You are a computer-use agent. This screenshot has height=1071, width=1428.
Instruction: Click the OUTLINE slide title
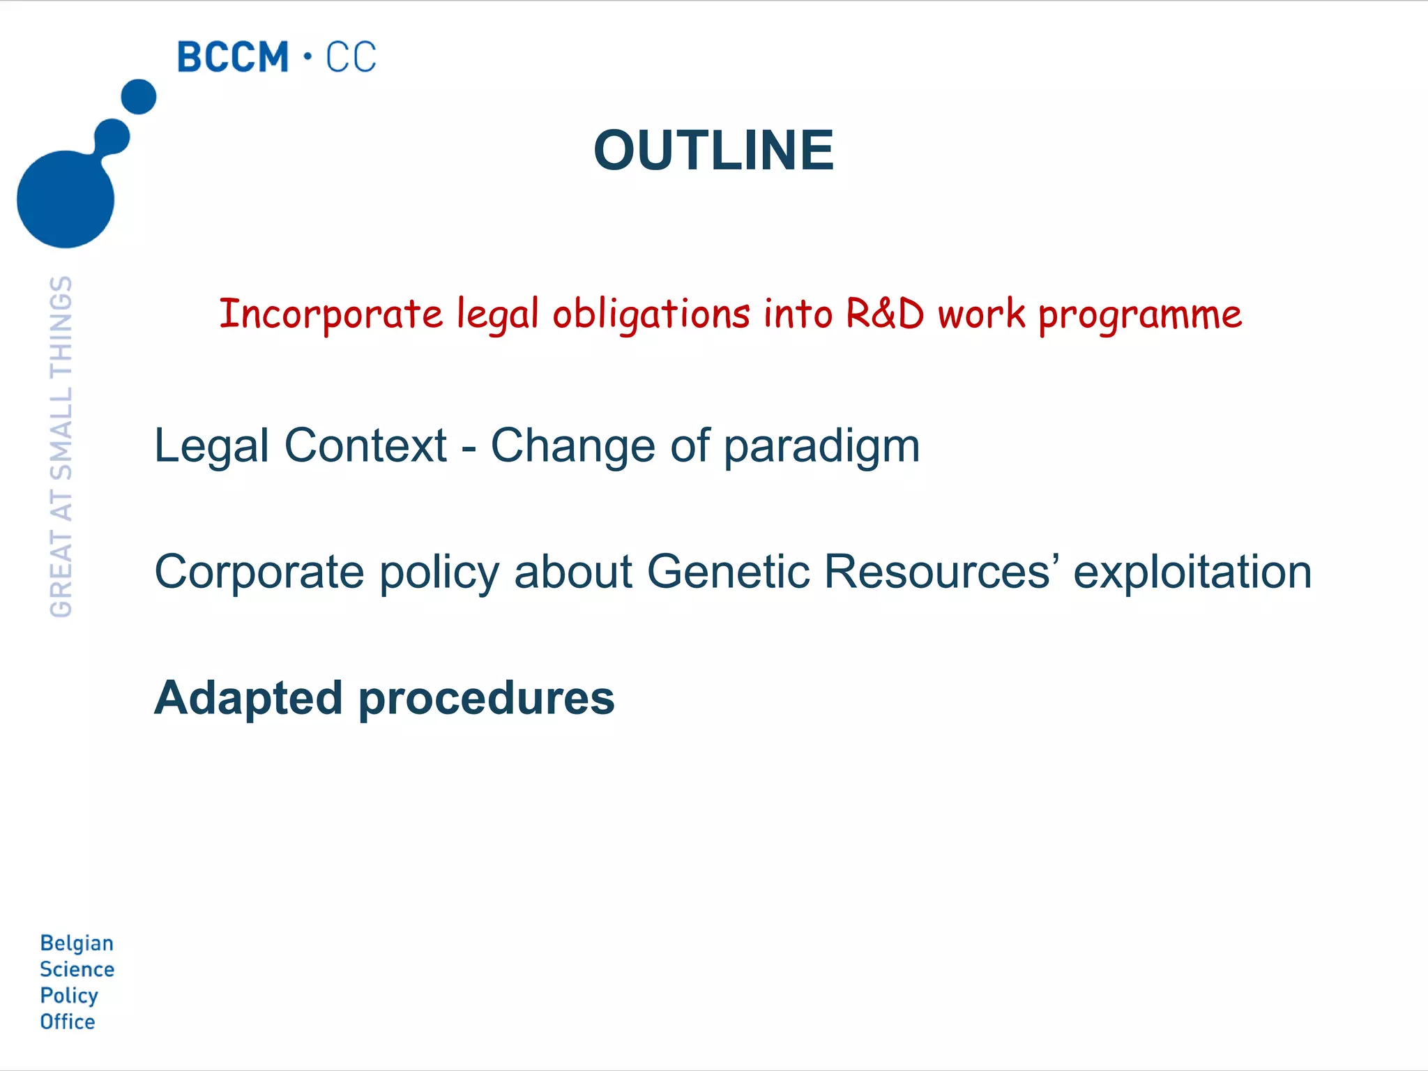713,150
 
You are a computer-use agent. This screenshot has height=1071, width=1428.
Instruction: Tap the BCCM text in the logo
233,57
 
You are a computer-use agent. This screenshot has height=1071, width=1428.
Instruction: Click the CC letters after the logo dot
351,57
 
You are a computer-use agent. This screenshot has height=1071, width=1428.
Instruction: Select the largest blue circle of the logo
65,199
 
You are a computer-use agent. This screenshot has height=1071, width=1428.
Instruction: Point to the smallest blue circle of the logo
139,97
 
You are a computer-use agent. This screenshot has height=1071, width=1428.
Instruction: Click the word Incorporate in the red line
331,314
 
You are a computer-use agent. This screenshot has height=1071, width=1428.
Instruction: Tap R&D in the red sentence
884,314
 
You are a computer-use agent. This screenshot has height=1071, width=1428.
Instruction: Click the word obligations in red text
651,314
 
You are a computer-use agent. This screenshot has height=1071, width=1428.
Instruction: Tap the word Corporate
259,572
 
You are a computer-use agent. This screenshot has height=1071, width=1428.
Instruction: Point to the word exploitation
1192,572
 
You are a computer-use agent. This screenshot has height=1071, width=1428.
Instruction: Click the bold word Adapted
248,698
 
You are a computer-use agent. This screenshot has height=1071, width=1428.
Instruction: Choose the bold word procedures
486,698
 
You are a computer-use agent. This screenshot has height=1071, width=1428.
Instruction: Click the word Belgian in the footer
77,943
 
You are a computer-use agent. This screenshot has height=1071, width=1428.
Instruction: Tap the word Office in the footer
67,1021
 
